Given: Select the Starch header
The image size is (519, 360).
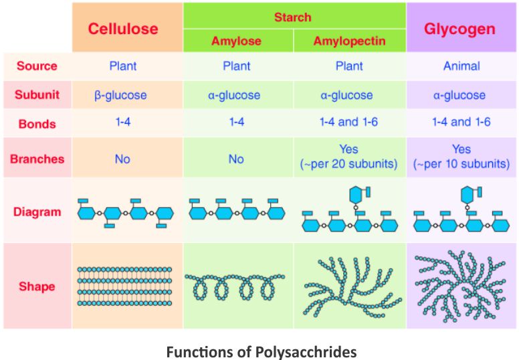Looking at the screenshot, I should tap(293, 15).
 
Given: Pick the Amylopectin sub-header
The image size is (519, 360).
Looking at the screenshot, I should tap(349, 41).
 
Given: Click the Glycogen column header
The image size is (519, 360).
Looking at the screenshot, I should tap(460, 29).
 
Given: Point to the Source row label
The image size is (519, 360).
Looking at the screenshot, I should tap(37, 66).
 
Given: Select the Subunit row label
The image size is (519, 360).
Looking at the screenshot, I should tap(37, 95).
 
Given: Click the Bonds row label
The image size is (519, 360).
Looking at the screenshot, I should tap(37, 124).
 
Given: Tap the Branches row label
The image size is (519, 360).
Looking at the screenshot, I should tap(37, 159).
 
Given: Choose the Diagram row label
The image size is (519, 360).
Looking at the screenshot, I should tap(37, 212).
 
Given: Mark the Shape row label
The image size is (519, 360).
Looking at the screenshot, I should tap(37, 286).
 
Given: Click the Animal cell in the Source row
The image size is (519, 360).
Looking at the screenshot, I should tap(461, 66).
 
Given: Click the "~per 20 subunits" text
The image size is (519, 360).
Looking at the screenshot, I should tap(349, 164).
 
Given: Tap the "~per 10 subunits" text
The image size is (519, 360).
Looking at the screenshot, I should tap(461, 164).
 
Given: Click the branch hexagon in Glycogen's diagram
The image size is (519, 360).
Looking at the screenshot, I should tap(468, 194).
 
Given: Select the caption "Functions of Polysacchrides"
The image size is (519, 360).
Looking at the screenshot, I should tap(261, 351).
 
